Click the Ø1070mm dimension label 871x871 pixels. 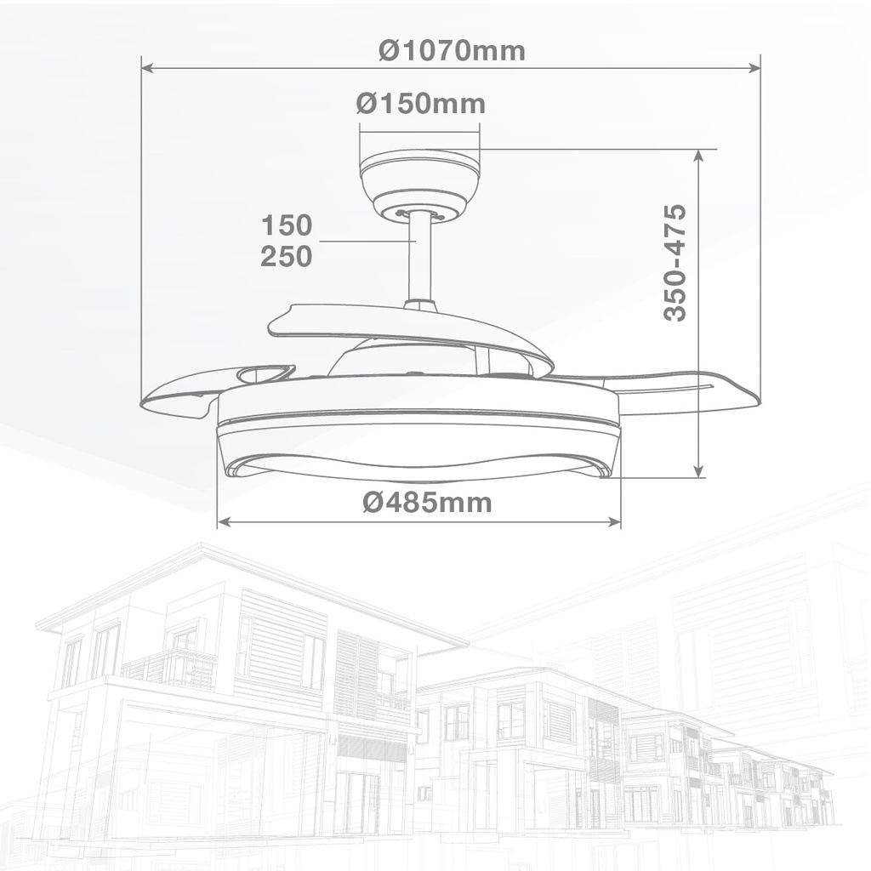[452, 51]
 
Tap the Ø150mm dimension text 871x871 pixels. [420, 104]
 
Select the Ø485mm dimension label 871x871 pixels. [427, 503]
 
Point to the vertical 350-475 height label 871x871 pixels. [675, 262]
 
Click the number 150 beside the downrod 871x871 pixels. [287, 225]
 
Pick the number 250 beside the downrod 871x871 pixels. [287, 256]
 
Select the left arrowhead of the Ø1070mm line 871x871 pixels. [146, 67]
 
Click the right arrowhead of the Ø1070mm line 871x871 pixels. [754, 67]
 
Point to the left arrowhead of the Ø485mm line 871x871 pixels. [224, 522]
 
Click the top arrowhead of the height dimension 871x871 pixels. [698, 156]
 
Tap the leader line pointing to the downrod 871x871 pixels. [366, 242]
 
